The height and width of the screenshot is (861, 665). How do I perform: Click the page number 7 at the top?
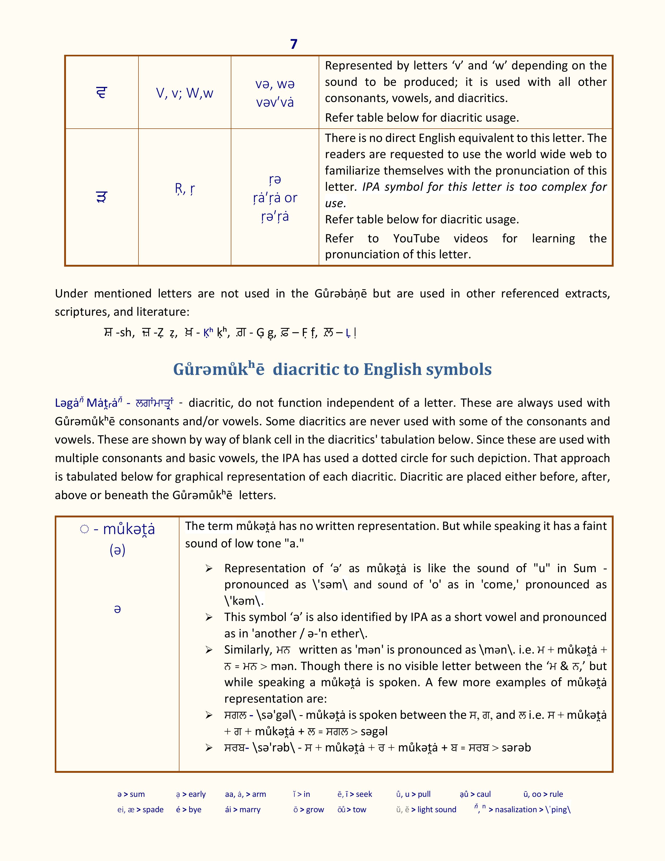point(293,44)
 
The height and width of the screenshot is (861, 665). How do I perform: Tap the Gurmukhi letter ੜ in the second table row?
point(102,197)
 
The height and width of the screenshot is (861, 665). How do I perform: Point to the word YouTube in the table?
point(416,238)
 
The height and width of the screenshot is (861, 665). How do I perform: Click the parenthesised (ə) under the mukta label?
point(117,550)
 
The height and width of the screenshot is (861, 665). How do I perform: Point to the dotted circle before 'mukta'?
point(84,529)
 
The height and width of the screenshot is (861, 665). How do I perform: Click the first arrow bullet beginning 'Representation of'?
point(209,569)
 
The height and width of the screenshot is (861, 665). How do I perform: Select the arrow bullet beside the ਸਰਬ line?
point(209,748)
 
